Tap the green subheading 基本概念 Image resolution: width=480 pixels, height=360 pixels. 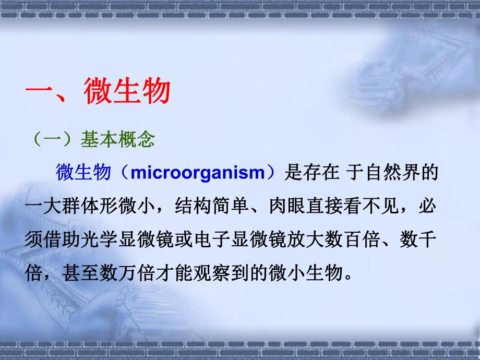117,140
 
